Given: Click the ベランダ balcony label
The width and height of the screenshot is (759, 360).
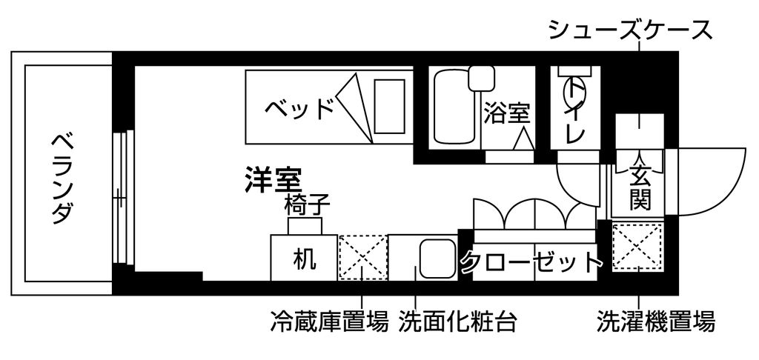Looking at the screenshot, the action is [62, 179].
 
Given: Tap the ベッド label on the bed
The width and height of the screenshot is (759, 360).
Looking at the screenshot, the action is [300, 107].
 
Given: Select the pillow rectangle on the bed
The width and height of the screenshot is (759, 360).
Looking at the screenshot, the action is [390, 107].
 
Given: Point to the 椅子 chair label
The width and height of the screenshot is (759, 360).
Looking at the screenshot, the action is [307, 205].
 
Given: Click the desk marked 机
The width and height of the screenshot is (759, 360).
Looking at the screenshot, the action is [304, 258].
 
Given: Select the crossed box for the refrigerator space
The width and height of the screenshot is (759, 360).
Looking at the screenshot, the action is [363, 258].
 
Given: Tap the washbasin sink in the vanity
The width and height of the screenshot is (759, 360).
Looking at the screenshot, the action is [437, 259].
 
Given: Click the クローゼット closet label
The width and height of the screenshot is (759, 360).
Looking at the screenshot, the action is [531, 261].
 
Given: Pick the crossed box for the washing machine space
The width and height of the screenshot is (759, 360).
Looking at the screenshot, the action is [637, 246].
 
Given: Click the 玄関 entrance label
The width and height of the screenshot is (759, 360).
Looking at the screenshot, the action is [640, 187].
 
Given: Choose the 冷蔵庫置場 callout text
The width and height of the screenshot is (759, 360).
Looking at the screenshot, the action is [329, 321].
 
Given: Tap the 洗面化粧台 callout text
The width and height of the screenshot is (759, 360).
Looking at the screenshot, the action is [457, 321].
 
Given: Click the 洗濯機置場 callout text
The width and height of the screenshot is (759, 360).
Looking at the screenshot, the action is [655, 321].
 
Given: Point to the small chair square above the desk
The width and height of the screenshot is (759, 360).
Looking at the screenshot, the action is [305, 226].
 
